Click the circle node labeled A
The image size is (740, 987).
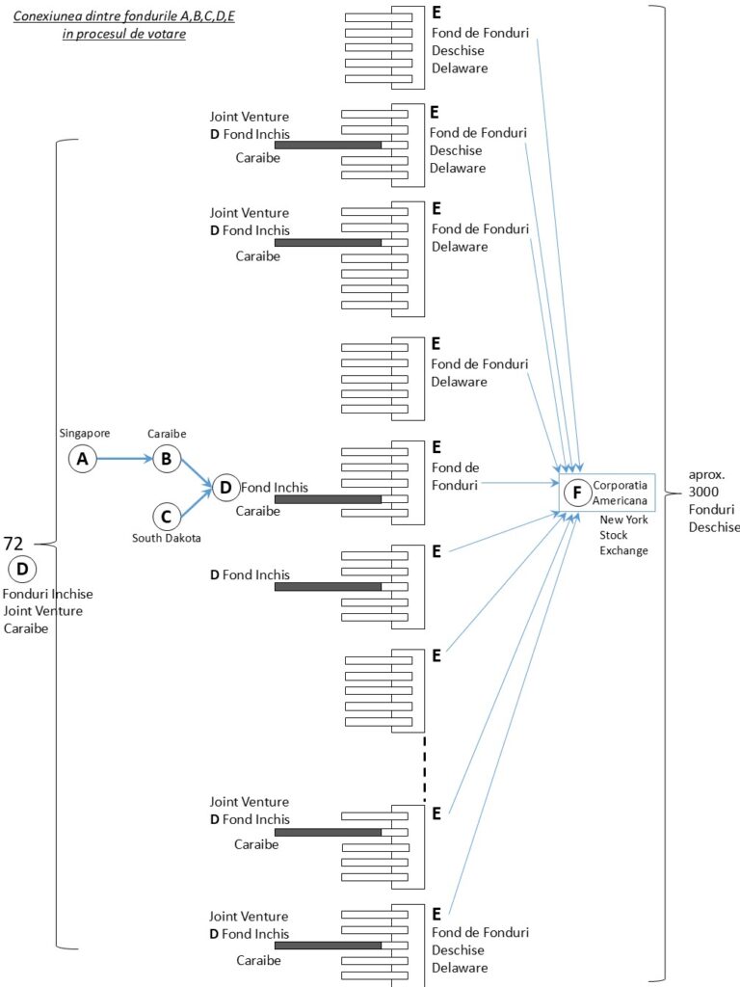[x=83, y=460]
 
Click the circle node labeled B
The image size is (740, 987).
[x=167, y=459]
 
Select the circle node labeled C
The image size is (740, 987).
[x=167, y=516]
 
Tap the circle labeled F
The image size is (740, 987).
[x=576, y=493]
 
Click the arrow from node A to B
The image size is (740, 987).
[x=124, y=460]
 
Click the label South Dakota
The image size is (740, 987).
[x=167, y=538]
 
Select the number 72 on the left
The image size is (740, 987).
[x=14, y=544]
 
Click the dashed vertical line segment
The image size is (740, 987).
[x=424, y=768]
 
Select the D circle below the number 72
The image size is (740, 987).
[x=21, y=568]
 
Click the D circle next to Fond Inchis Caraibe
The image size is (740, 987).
[x=225, y=488]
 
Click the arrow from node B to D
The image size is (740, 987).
[x=197, y=474]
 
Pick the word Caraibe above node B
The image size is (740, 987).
[x=167, y=435]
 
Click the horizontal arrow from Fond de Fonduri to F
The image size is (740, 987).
[x=520, y=486]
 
